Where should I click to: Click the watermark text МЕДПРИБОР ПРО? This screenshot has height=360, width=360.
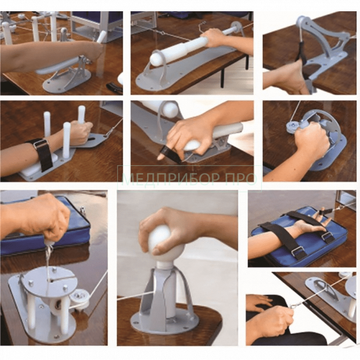click(x=189, y=179)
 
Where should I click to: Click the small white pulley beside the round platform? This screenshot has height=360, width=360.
click(x=81, y=298)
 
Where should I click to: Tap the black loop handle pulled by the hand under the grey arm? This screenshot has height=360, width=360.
click(x=300, y=51)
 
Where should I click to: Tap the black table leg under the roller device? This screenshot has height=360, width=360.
click(x=222, y=78)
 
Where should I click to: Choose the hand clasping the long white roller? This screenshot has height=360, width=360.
click(x=211, y=38)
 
